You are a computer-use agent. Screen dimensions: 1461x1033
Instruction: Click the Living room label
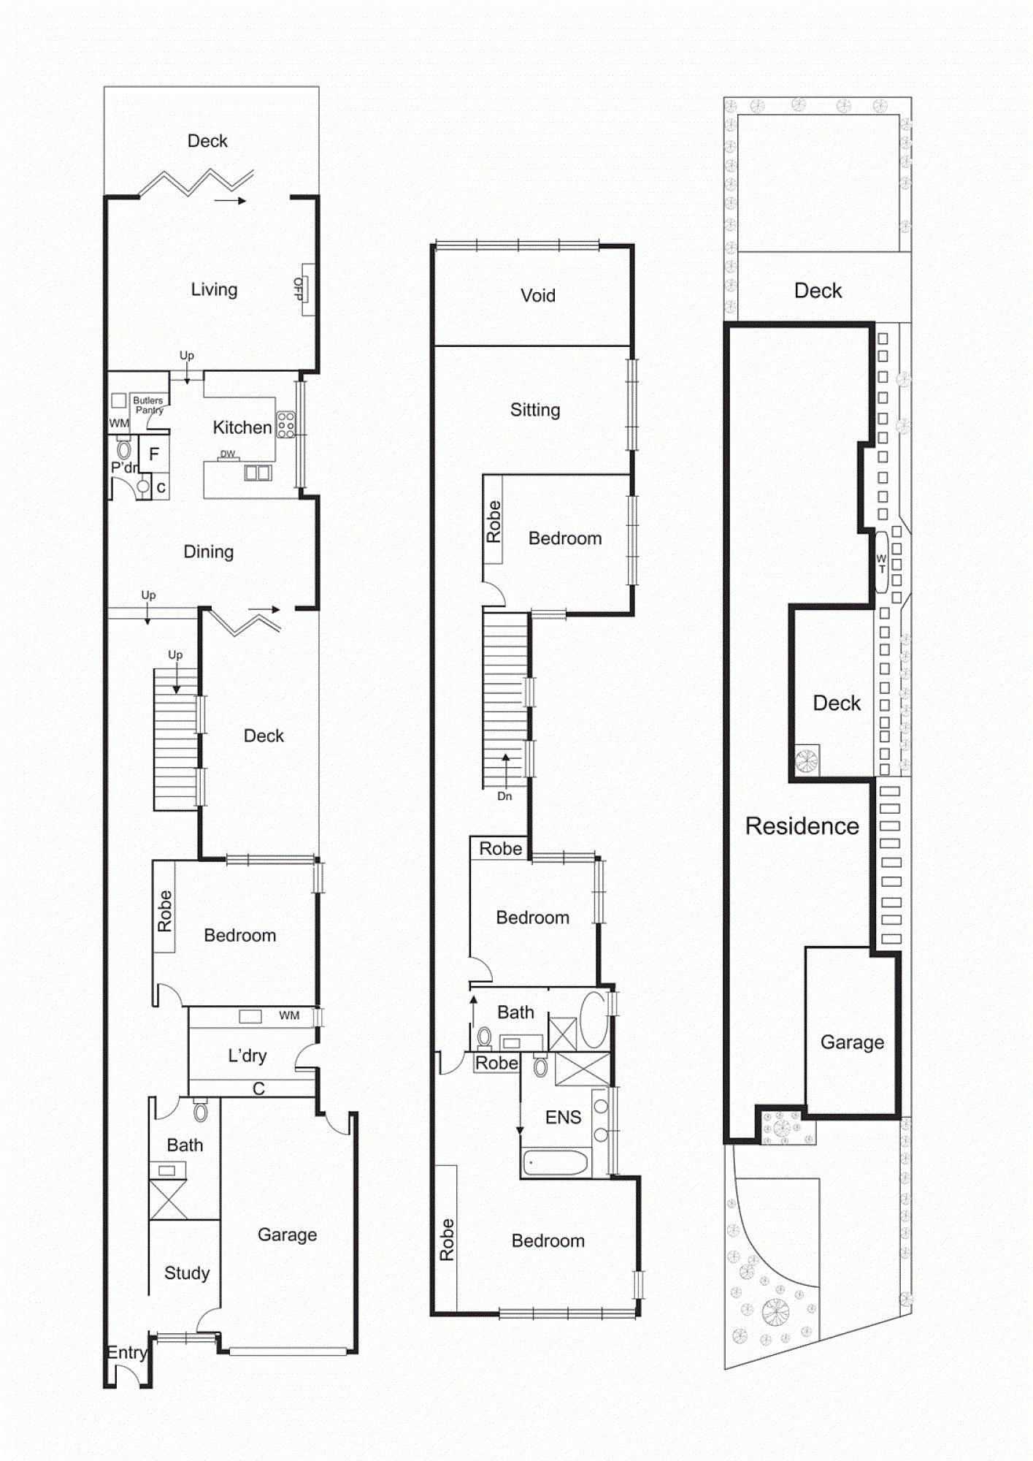(214, 289)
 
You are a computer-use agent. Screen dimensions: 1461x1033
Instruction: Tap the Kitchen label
(242, 427)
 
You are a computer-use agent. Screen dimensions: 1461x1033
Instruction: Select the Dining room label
(208, 552)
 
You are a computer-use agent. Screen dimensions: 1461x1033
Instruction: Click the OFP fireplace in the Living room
(307, 289)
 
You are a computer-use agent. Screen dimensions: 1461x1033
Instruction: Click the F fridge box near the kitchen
(154, 454)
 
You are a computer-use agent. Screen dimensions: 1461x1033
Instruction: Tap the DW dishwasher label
(228, 454)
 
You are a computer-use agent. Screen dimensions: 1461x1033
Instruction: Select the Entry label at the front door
(126, 1352)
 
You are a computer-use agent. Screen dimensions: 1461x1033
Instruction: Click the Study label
(187, 1273)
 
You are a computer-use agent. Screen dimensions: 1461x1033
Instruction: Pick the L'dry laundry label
(247, 1056)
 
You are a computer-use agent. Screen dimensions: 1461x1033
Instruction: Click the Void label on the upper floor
(538, 296)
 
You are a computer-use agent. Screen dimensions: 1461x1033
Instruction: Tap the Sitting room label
(535, 410)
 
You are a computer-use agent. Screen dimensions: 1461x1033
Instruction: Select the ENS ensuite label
(563, 1117)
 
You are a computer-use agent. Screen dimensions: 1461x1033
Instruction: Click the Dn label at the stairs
(504, 796)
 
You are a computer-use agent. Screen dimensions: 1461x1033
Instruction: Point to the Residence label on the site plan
(802, 826)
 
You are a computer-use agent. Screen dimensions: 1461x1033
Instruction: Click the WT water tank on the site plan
(881, 562)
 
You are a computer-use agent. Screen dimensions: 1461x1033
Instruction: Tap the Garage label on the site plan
(852, 1042)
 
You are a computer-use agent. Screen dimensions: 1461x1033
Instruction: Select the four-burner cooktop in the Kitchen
(285, 425)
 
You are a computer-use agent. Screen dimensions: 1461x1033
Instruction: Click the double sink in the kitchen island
(258, 473)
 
